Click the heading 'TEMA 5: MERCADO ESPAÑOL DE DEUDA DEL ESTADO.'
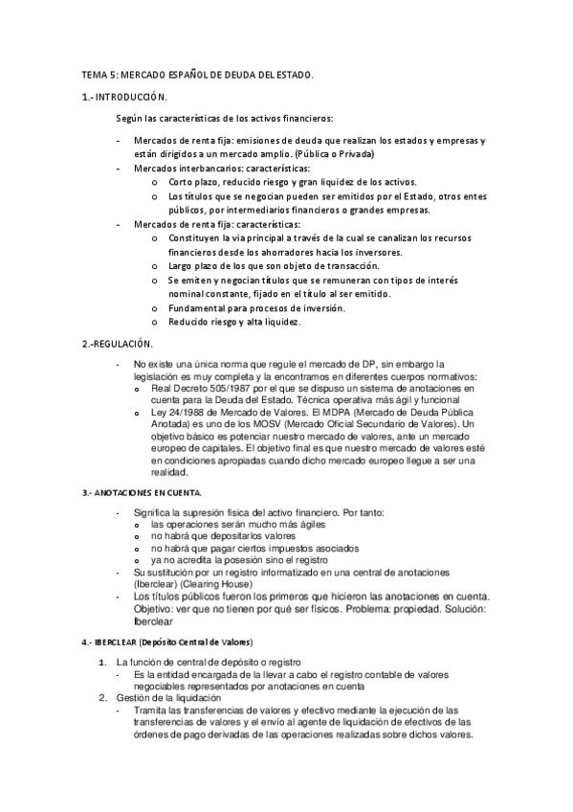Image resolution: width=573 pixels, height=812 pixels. click(x=196, y=75)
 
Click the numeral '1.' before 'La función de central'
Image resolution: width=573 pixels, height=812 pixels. click(x=101, y=662)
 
